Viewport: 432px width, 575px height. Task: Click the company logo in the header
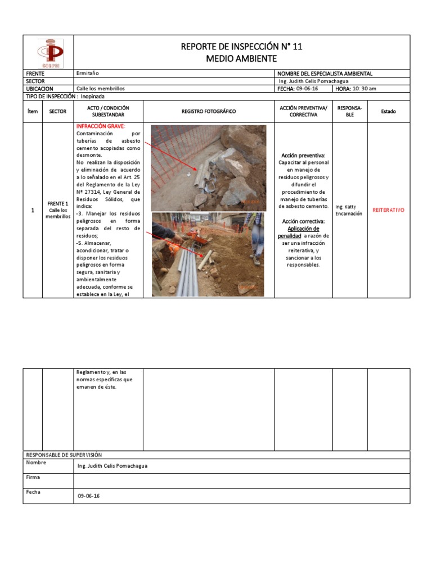[50, 53]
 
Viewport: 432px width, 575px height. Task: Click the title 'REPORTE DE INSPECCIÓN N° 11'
[241, 47]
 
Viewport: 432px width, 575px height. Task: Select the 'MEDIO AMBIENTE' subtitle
[241, 59]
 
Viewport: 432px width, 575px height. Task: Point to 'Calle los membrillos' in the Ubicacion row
[101, 89]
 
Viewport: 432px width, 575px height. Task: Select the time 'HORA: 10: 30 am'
[355, 89]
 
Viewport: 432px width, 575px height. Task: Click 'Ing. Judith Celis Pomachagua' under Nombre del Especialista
[317, 81]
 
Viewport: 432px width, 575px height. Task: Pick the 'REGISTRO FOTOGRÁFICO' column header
[208, 111]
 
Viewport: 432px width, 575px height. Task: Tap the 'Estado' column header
[388, 111]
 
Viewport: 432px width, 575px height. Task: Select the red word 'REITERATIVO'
[388, 210]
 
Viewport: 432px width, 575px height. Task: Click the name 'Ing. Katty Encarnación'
[349, 210]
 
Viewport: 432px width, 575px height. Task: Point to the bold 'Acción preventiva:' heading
[303, 155]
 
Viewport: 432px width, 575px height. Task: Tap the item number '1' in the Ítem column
[33, 210]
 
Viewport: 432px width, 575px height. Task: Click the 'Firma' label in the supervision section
[33, 477]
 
